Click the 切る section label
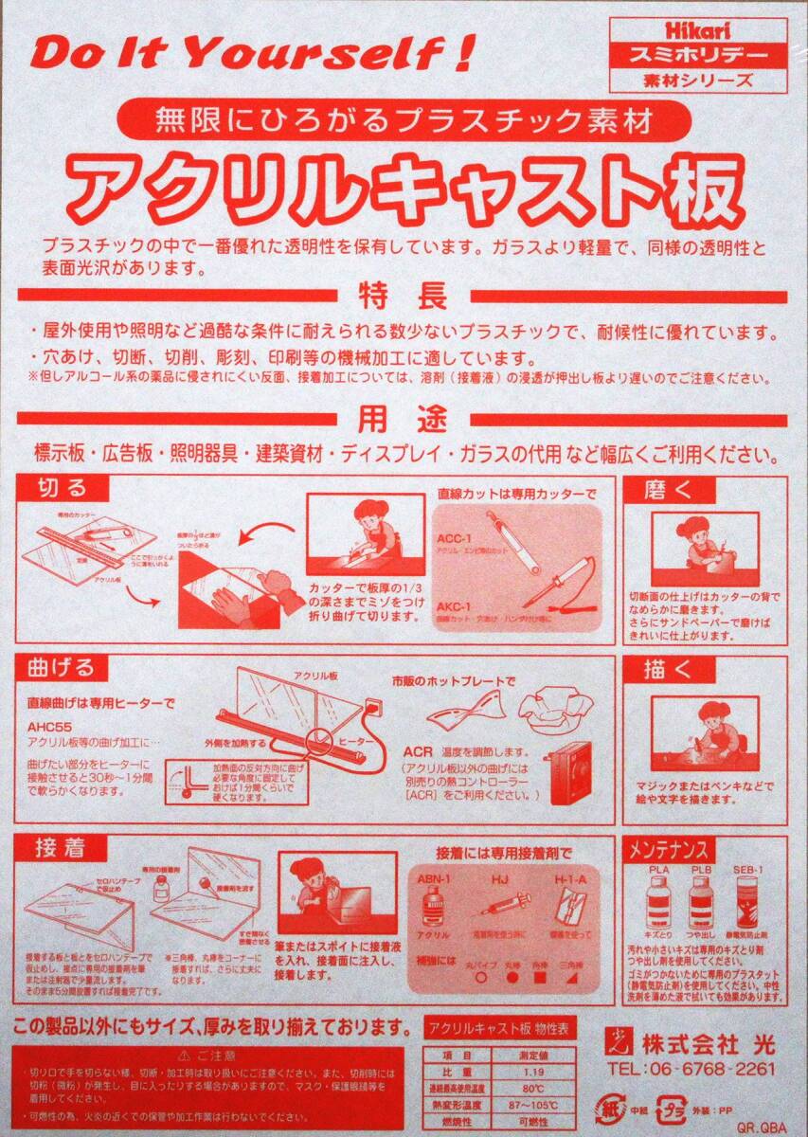coord(61,488)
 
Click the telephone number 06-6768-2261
coord(691,1069)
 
